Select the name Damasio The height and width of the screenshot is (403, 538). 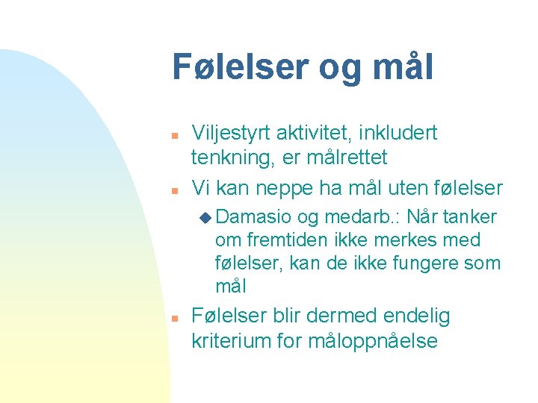253,217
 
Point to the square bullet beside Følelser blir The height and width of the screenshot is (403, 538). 173,319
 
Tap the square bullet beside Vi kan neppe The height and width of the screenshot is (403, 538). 173,190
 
